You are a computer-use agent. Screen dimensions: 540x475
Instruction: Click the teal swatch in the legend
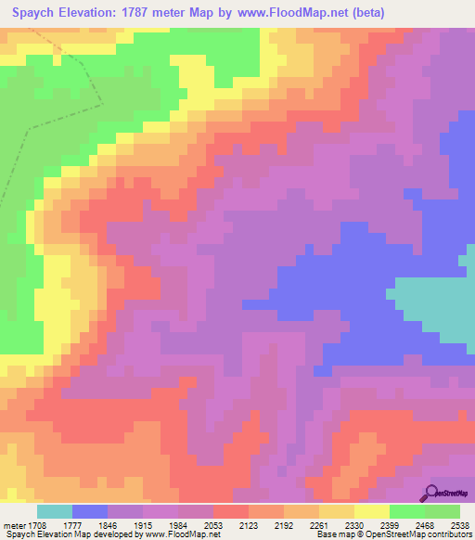55,511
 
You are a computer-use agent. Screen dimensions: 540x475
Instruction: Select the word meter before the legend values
13,525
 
